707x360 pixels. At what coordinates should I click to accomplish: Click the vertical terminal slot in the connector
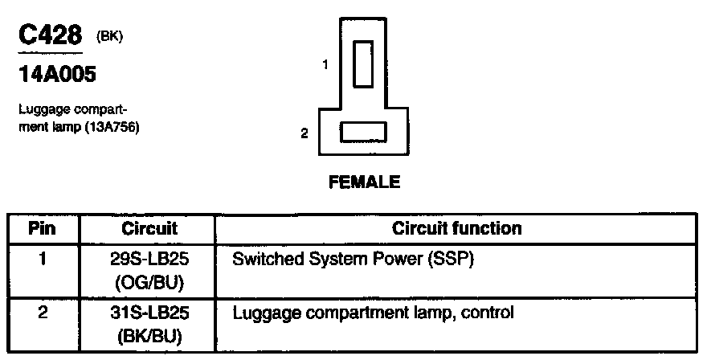[x=363, y=63]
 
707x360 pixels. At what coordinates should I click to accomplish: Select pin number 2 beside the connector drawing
[x=304, y=133]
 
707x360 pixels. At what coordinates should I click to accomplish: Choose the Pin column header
[x=42, y=229]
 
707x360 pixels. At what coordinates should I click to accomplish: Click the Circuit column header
[x=149, y=229]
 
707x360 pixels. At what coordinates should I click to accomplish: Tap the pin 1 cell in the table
[x=42, y=260]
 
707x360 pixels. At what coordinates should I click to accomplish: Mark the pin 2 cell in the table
[x=42, y=311]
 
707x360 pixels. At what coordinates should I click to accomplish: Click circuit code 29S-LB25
[x=149, y=260]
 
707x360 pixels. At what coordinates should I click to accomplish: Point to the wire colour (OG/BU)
[x=149, y=283]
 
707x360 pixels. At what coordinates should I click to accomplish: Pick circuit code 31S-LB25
[x=149, y=311]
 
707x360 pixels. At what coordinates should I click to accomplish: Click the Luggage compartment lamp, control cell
[x=372, y=311]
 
